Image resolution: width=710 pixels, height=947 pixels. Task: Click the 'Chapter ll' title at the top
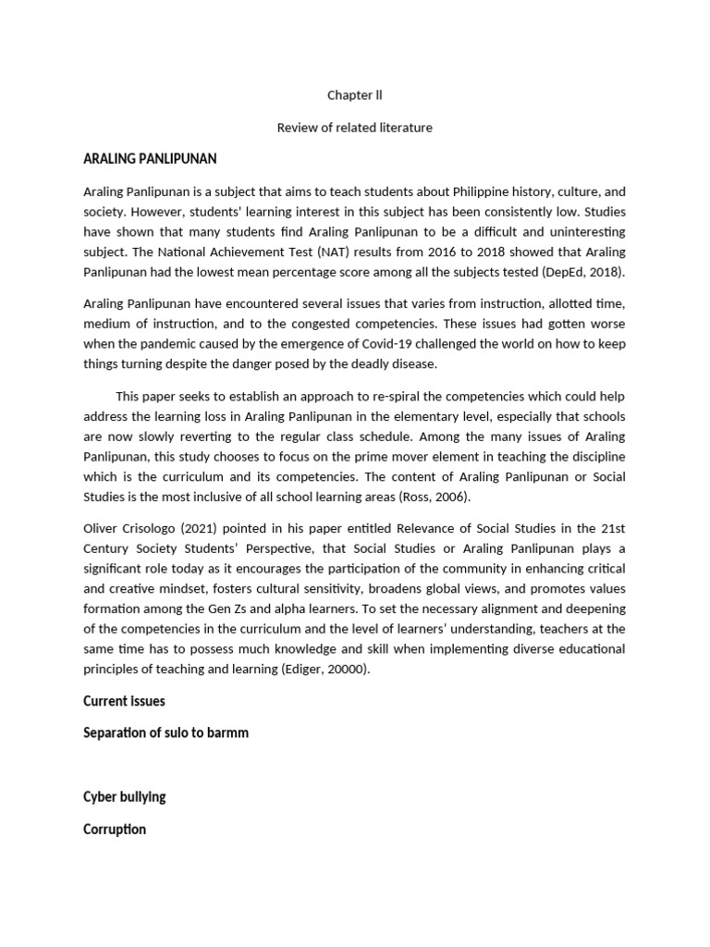click(354, 95)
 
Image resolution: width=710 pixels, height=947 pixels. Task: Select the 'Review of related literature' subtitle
click(354, 128)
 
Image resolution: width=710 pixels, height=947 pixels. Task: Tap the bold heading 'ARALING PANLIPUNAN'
click(150, 159)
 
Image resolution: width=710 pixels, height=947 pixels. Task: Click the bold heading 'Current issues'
click(124, 701)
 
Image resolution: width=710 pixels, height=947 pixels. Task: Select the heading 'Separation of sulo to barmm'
click(165, 733)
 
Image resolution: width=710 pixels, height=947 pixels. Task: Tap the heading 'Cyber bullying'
click(125, 797)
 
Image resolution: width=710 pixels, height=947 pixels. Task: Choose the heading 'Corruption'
click(115, 830)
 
